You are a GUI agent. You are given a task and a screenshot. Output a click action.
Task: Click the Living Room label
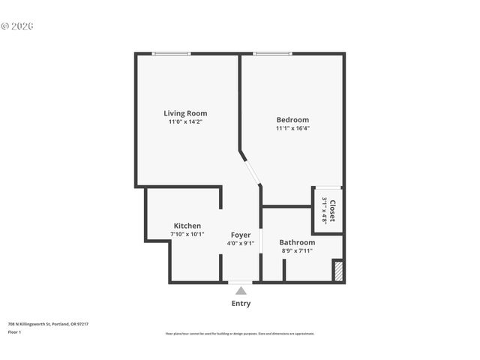tap(185, 113)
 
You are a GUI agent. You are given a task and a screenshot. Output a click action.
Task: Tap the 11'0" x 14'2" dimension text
tap(185, 121)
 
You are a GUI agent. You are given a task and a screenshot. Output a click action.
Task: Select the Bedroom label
tap(292, 119)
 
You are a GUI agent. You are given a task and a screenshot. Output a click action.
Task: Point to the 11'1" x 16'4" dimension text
tap(292, 128)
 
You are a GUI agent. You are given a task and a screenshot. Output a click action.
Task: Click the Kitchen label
tap(187, 226)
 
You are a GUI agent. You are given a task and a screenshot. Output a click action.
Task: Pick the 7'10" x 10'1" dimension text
tap(187, 234)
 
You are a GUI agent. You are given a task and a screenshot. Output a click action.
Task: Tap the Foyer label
tap(240, 235)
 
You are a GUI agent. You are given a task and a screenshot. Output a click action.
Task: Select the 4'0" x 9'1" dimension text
tap(240, 243)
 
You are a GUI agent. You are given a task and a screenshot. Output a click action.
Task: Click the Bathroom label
tap(297, 242)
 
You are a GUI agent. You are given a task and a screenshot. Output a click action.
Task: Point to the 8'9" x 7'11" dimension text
tap(297, 251)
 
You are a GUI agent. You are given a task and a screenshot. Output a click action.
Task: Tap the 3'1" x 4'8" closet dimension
tap(324, 211)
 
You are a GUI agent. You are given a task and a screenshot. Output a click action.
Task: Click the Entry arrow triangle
tap(240, 289)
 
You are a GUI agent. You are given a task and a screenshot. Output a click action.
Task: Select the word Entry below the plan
tap(240, 304)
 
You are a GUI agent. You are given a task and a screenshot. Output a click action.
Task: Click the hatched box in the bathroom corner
tap(337, 270)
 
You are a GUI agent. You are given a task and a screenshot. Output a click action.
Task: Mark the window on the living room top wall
tap(171, 53)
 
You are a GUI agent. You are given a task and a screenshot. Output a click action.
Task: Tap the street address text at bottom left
tap(48, 324)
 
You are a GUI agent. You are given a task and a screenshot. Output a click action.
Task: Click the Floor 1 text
tap(14, 331)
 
